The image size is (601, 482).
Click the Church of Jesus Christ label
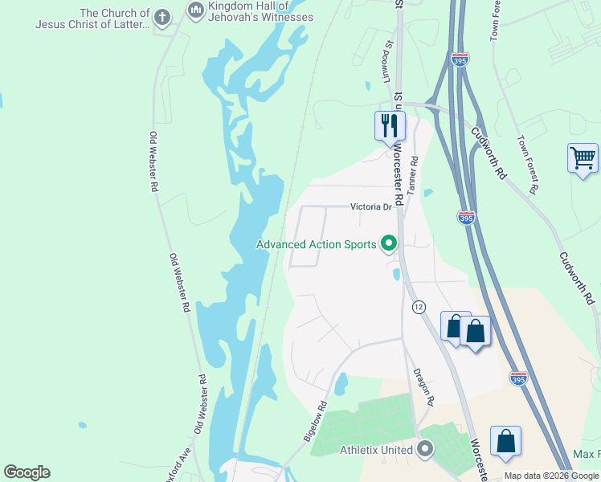[x=92, y=18]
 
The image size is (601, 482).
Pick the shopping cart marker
[x=583, y=157]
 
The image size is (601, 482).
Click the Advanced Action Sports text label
[x=316, y=244]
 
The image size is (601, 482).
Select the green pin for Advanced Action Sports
[x=389, y=243]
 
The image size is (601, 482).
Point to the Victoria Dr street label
[x=370, y=206]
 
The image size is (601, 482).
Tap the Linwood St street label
[x=386, y=63]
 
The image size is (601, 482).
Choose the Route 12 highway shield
[x=419, y=307]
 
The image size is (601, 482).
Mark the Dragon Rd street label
[x=423, y=386]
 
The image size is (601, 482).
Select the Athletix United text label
[x=376, y=450]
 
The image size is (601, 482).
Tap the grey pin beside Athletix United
[x=425, y=449]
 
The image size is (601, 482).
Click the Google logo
[x=27, y=472]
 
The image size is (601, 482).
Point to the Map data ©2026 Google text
[x=550, y=476]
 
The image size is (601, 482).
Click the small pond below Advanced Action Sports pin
[x=396, y=275]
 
